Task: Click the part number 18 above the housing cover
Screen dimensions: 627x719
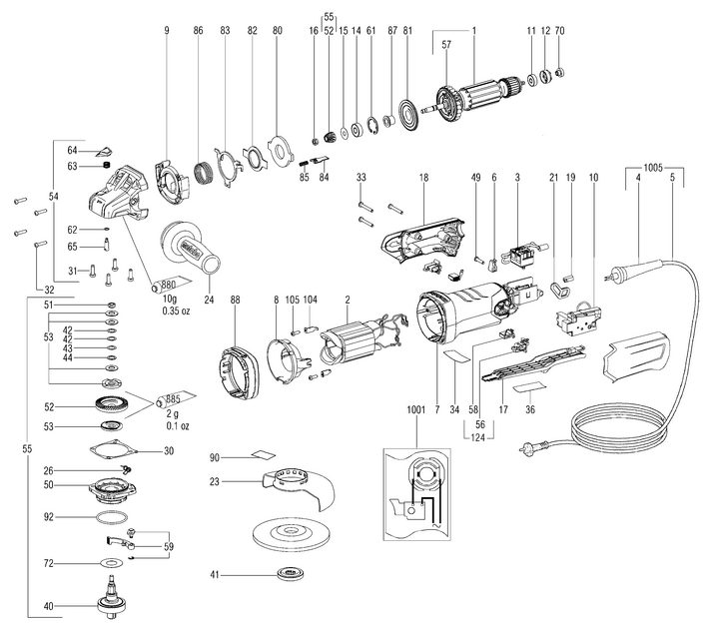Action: pos(423,177)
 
